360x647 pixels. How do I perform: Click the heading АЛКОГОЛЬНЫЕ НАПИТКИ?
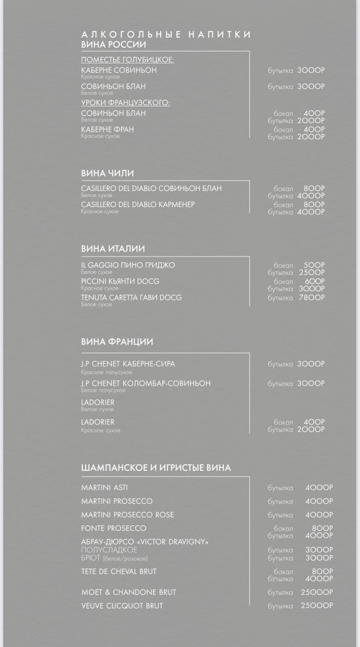166,35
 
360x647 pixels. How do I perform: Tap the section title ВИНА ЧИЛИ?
107,173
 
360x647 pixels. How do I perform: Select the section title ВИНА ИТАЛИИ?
113,249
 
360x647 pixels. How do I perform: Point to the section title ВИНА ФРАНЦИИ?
117,342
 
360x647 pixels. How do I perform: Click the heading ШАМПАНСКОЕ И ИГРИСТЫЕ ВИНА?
156,467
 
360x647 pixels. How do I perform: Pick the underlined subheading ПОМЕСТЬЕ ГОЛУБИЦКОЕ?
127,60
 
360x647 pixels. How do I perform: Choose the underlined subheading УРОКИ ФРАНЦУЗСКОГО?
125,102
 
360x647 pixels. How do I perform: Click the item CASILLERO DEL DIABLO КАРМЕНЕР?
137,205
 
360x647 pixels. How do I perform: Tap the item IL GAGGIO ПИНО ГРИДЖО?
128,265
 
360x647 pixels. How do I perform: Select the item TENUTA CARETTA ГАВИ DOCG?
131,298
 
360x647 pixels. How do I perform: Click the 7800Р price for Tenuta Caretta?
312,298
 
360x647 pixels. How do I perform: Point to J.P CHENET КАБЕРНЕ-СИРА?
128,364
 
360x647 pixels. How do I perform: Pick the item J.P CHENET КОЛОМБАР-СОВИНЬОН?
146,383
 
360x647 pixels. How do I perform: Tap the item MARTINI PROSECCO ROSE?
127,515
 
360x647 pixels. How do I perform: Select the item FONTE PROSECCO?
113,528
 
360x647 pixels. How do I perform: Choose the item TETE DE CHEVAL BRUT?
119,571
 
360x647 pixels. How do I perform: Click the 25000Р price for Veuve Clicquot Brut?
317,606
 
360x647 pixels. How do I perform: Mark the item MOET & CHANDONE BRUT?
128,592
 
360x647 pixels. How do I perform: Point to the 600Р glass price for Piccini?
314,281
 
